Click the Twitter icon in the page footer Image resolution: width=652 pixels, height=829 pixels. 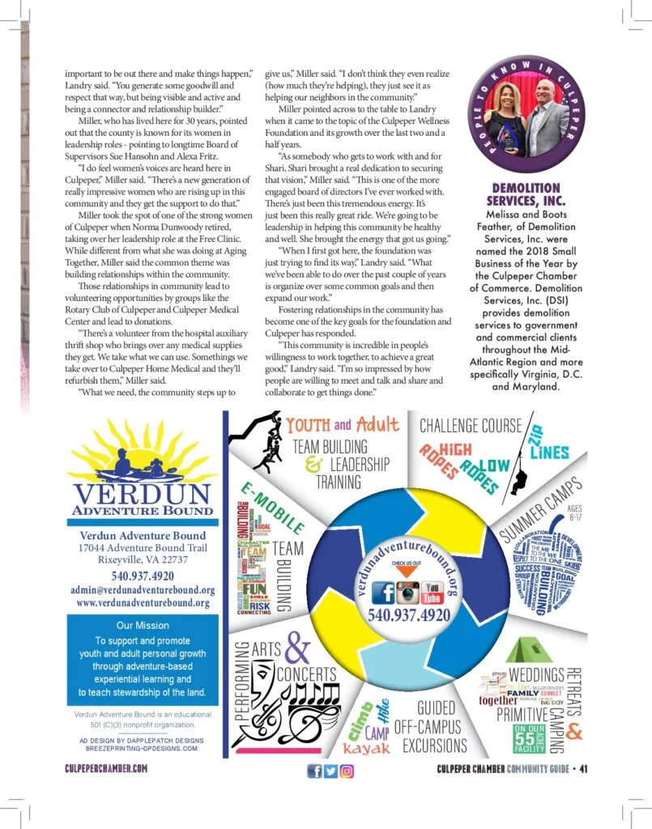pos(330,771)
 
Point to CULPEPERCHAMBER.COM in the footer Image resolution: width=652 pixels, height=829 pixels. pos(106,770)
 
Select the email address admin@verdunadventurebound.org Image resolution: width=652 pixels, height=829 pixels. pos(143,589)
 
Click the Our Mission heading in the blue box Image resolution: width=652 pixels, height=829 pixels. pos(143,625)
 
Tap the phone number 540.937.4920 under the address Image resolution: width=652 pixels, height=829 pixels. pos(143,576)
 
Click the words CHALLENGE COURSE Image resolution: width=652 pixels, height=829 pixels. pos(471,424)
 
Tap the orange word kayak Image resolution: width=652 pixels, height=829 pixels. pos(366,748)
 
